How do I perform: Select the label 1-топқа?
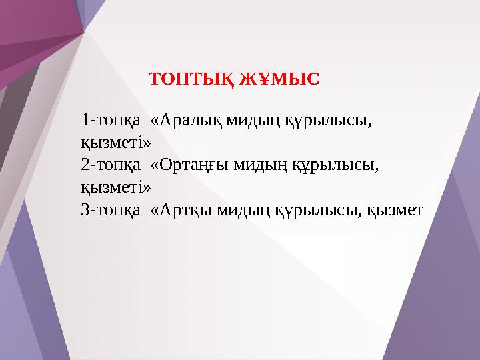tap(110, 121)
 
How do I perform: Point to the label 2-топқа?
tap(110, 165)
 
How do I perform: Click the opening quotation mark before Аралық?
tap(155, 121)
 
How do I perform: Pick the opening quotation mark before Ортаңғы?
tap(155, 165)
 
